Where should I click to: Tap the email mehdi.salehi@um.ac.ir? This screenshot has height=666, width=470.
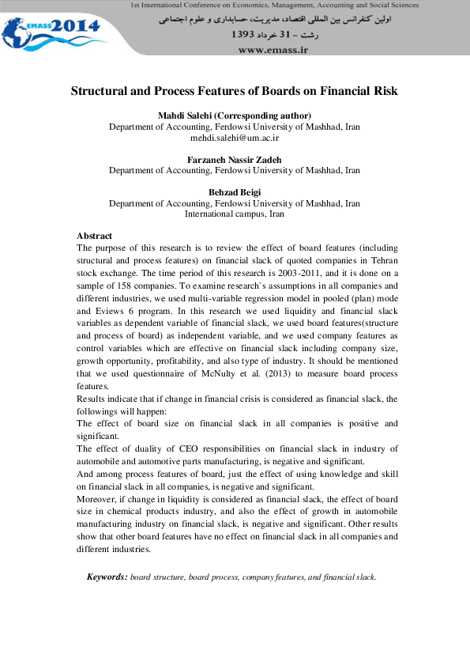(x=235, y=138)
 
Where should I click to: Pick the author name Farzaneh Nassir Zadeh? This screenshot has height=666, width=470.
(x=234, y=160)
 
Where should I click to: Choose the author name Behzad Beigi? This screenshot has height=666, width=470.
(x=234, y=192)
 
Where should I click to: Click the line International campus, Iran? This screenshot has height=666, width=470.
(x=234, y=214)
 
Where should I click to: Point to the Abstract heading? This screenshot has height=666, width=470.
(x=94, y=236)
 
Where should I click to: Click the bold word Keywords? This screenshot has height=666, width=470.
(x=106, y=577)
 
